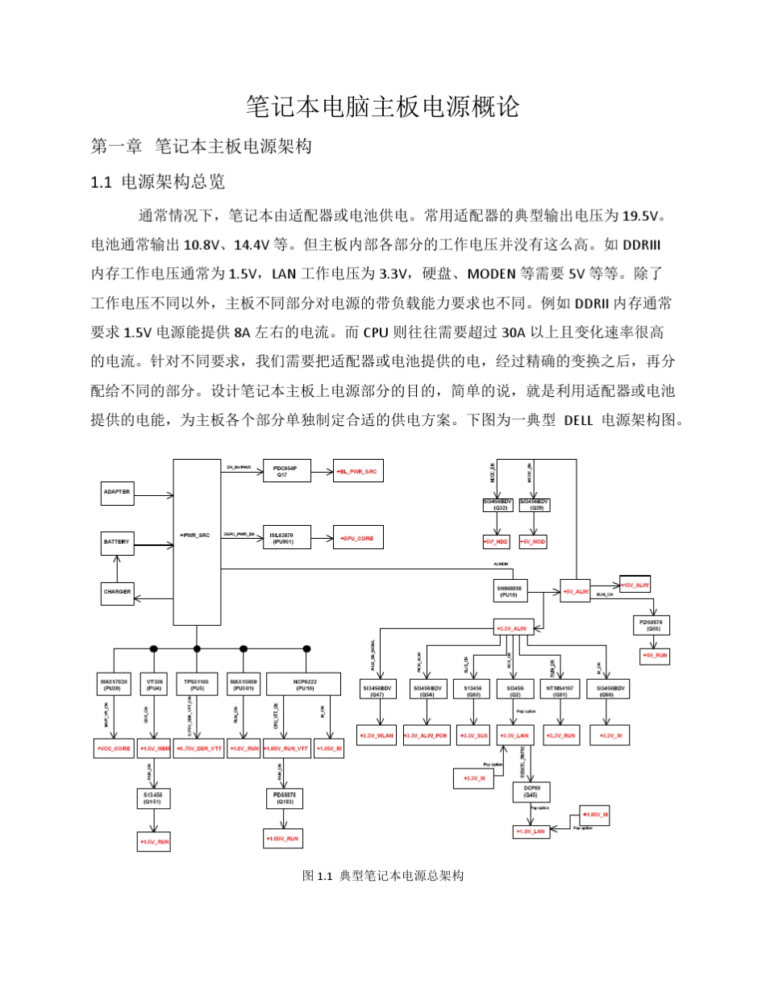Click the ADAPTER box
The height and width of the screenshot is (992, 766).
118,492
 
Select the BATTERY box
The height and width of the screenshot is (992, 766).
118,541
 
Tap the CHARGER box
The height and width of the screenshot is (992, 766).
118,592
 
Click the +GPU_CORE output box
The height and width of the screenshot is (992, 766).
359,537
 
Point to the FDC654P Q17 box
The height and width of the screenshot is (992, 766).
286,471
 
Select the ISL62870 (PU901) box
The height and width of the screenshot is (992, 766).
286,537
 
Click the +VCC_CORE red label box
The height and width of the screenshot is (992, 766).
114,749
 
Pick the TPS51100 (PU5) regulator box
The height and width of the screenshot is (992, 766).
197,685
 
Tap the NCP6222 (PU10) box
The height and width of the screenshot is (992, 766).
306,685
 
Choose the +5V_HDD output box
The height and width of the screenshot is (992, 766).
497,542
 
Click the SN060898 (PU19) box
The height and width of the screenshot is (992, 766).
509,591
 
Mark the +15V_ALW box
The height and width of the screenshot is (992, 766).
635,584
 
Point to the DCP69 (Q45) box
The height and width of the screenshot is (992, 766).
531,790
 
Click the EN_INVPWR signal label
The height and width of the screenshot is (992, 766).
239,467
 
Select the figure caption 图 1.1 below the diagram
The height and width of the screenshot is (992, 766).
383,875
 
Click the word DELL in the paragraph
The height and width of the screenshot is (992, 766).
578,420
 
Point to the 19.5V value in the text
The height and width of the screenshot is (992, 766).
641,215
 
